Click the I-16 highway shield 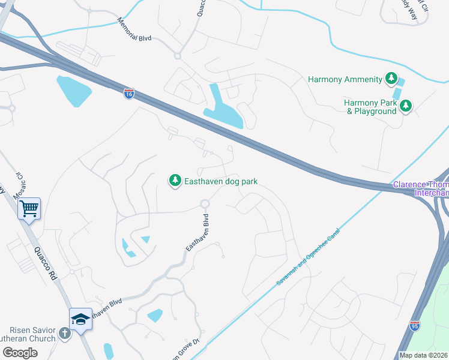(129, 94)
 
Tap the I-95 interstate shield (414, 325)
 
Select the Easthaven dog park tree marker (175, 181)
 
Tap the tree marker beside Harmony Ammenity (391, 79)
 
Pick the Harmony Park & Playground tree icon (406, 106)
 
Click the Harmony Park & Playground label (371, 107)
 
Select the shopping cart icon (28, 209)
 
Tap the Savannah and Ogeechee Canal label (308, 260)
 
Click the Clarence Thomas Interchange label (420, 188)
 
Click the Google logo (20, 353)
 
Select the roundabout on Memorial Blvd (178, 56)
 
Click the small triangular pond (145, 240)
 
